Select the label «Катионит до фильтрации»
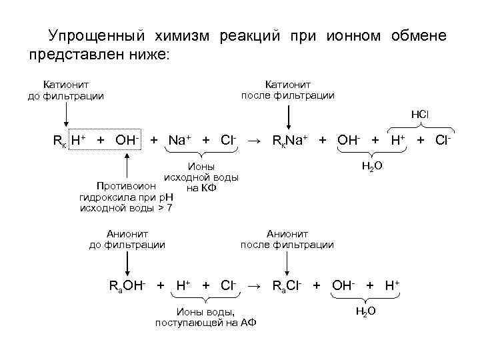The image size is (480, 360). (66, 90)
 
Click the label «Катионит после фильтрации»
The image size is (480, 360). (287, 90)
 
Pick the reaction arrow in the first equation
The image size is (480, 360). (254, 141)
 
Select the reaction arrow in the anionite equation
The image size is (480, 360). (254, 286)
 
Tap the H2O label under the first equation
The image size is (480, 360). (371, 164)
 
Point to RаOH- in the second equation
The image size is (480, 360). (128, 286)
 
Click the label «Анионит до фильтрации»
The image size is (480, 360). (127, 239)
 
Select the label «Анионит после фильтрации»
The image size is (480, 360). (287, 239)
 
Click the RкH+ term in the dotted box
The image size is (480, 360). (69, 141)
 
